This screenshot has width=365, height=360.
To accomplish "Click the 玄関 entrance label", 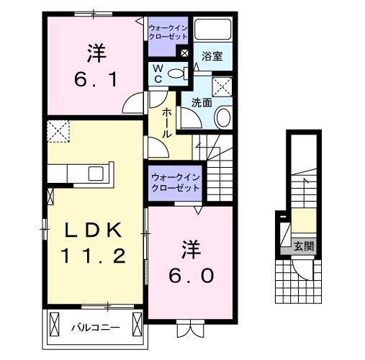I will [303, 246].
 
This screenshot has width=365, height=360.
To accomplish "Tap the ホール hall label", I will [166, 123].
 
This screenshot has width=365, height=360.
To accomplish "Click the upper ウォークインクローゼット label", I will [167, 32].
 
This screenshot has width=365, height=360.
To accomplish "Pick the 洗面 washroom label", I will [201, 102].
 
